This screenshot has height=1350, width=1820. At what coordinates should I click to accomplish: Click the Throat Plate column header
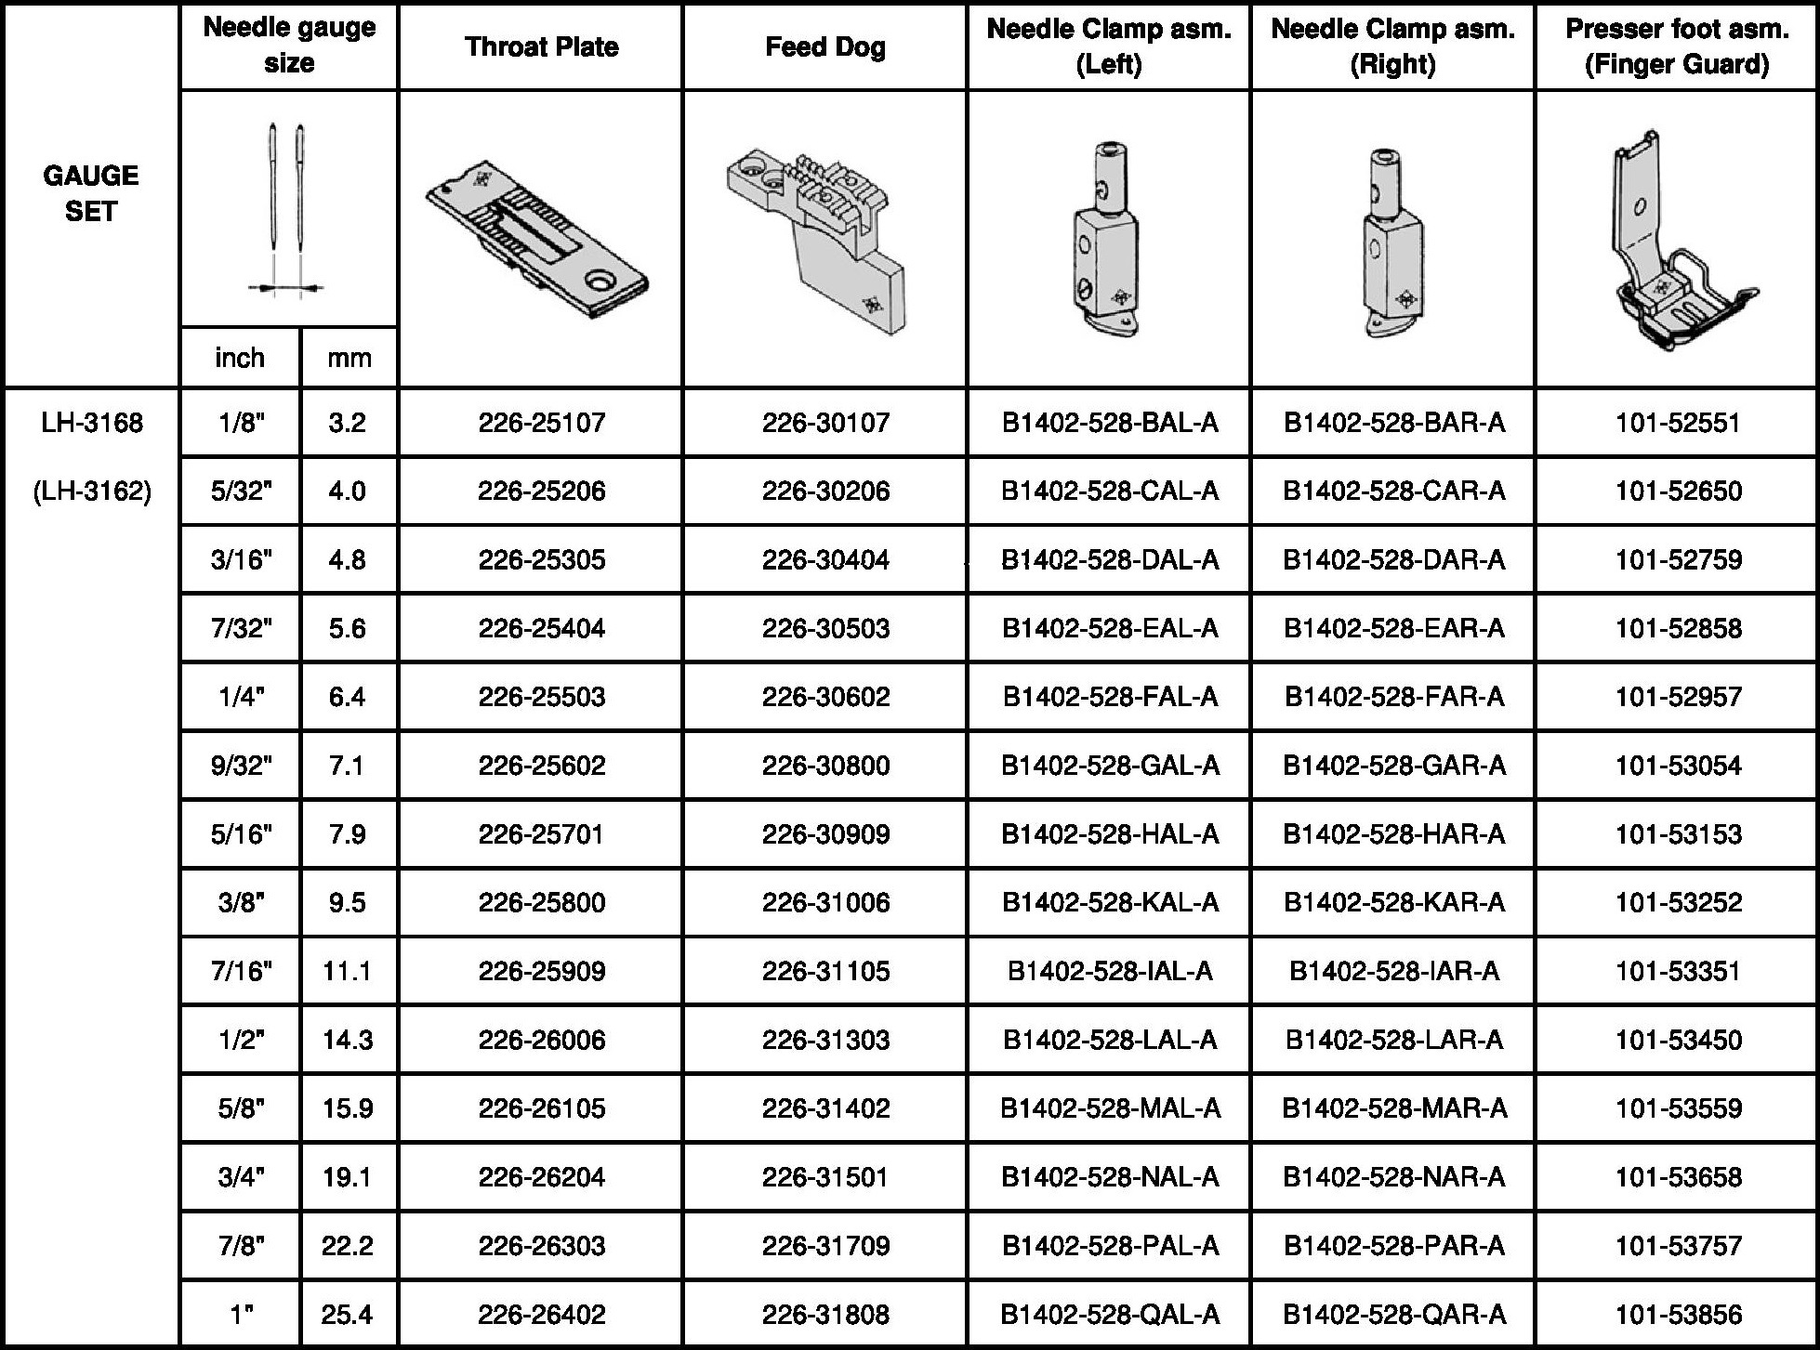(x=541, y=46)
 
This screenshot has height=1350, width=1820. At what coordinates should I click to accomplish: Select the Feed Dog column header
(x=824, y=46)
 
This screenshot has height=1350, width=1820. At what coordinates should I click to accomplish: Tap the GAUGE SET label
(x=91, y=193)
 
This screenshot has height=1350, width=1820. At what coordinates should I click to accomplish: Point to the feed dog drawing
(x=815, y=240)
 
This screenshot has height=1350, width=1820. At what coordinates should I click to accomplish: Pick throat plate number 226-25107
(x=541, y=423)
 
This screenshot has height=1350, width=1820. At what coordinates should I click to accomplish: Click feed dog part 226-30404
(x=825, y=559)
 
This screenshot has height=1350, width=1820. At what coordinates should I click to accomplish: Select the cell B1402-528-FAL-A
(x=1109, y=697)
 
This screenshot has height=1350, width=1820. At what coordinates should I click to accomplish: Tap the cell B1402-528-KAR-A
(x=1393, y=902)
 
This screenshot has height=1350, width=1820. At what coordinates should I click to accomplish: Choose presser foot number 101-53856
(x=1678, y=1314)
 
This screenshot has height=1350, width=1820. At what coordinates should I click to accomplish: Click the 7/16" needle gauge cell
(x=241, y=971)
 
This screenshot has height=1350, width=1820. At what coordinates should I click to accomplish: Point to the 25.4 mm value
(x=348, y=1314)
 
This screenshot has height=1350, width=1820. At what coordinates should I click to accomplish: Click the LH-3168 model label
(x=92, y=423)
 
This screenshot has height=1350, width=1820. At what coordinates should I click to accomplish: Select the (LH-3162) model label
(x=92, y=491)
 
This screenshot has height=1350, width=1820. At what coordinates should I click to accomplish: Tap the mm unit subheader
(x=349, y=358)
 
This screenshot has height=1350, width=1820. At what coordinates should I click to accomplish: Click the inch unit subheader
(x=240, y=358)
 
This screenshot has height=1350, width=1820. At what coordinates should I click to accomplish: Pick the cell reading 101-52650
(x=1678, y=491)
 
